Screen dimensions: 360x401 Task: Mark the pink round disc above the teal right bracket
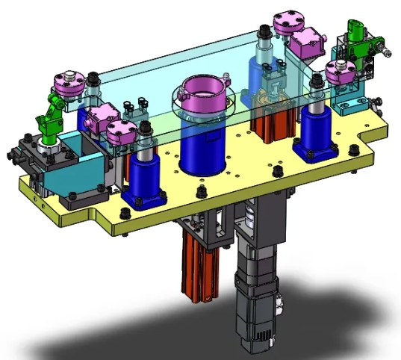point(341,72)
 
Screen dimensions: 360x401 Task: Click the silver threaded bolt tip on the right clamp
point(385,50)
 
